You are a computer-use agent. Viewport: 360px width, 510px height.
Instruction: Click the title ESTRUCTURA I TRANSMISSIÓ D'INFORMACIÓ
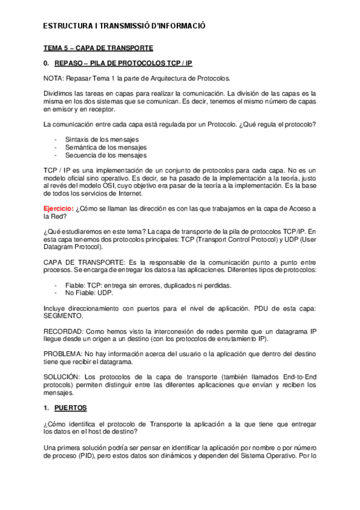click(x=125, y=26)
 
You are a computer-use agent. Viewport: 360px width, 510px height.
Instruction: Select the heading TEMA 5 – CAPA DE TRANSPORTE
click(x=99, y=48)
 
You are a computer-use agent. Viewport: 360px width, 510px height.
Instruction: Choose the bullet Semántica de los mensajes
click(x=99, y=147)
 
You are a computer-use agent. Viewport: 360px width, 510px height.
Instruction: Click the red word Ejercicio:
click(x=59, y=208)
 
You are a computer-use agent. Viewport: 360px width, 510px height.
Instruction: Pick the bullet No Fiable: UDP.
click(x=88, y=293)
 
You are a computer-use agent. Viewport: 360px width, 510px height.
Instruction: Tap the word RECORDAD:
click(x=64, y=331)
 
